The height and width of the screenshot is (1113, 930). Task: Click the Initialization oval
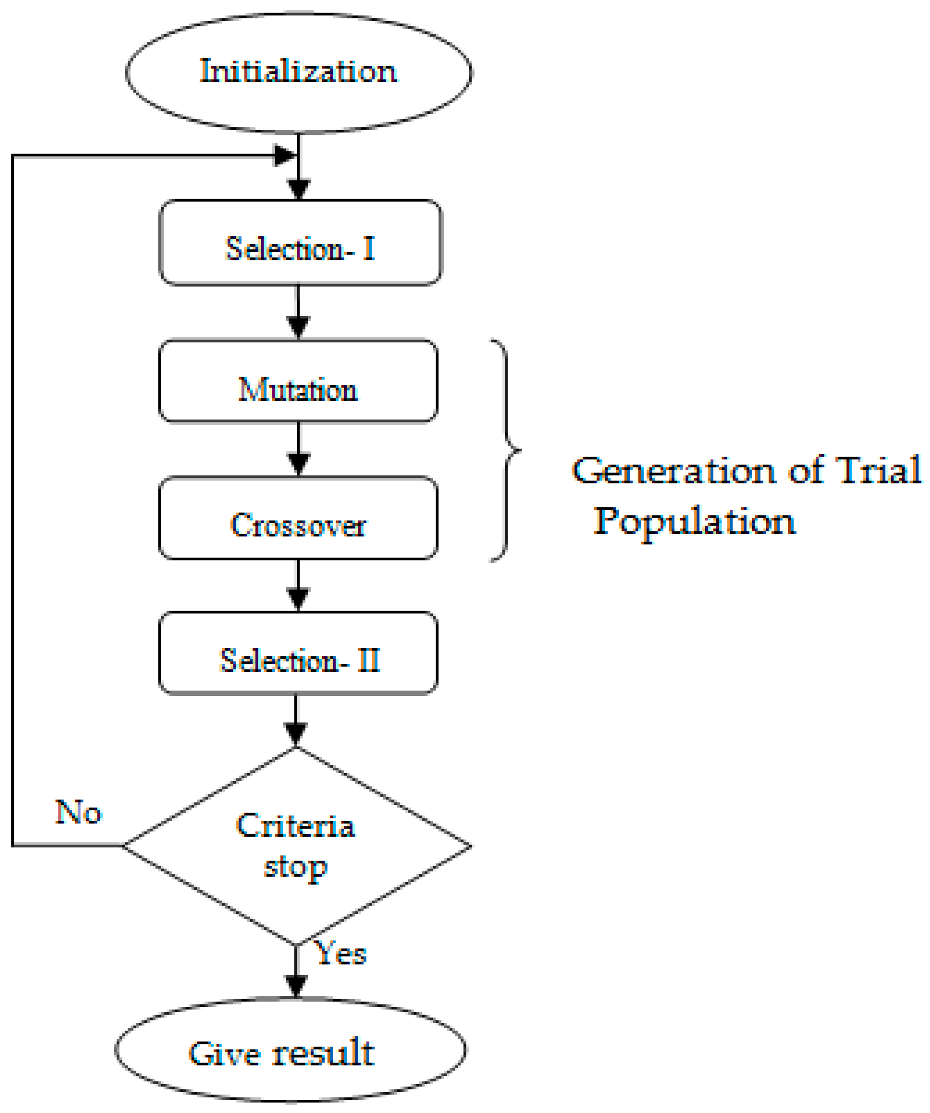[298, 73]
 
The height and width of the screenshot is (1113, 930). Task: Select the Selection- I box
[300, 243]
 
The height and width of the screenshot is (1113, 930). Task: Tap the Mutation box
[298, 381]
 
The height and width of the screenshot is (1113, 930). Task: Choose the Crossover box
[298, 518]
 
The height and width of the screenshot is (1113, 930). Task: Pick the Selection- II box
[298, 653]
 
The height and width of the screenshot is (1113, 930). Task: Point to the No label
[78, 812]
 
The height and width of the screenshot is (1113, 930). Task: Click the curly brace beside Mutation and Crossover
[506, 450]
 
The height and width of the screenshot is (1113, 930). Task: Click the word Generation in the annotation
[673, 471]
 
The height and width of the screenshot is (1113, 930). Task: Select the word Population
[694, 522]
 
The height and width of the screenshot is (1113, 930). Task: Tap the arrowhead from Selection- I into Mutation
[298, 326]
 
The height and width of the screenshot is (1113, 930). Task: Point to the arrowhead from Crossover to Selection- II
[298, 598]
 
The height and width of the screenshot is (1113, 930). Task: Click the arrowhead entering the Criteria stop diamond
[296, 734]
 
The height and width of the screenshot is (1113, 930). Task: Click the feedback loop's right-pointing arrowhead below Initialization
[284, 156]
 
